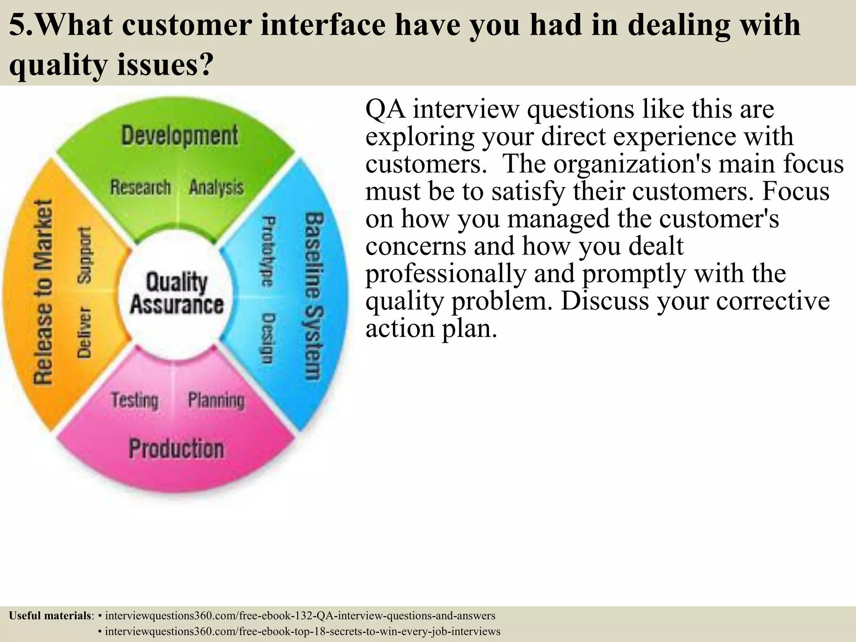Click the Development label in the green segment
tap(179, 135)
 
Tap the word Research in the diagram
tap(140, 187)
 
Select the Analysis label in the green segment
tap(216, 187)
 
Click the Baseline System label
tap(313, 297)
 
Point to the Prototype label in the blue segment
tap(268, 251)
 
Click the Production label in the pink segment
tap(176, 448)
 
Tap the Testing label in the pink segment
tap(135, 400)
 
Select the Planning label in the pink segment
tap(216, 400)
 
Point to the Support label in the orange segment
tap(84, 255)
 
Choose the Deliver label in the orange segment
tap(84, 332)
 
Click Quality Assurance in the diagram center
tap(176, 293)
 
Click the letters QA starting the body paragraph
tap(385, 110)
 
